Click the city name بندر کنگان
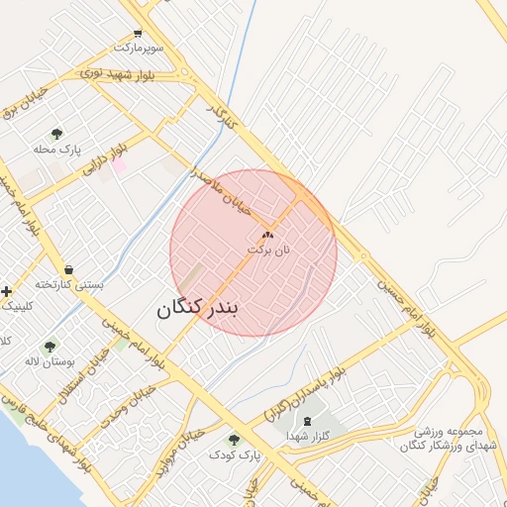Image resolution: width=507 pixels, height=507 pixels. click(x=198, y=308)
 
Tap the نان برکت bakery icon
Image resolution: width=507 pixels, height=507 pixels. click(x=266, y=236)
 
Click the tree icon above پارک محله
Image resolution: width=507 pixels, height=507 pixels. click(x=56, y=134)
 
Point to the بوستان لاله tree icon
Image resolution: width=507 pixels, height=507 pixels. click(x=50, y=347)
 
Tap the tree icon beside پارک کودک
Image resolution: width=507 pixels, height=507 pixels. click(x=234, y=440)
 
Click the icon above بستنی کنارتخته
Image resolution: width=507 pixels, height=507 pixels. click(x=68, y=269)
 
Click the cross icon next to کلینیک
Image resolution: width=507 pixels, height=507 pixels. click(x=7, y=291)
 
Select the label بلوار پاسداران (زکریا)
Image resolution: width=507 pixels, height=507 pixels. click(x=307, y=394)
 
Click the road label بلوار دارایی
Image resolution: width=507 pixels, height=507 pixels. click(x=105, y=158)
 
